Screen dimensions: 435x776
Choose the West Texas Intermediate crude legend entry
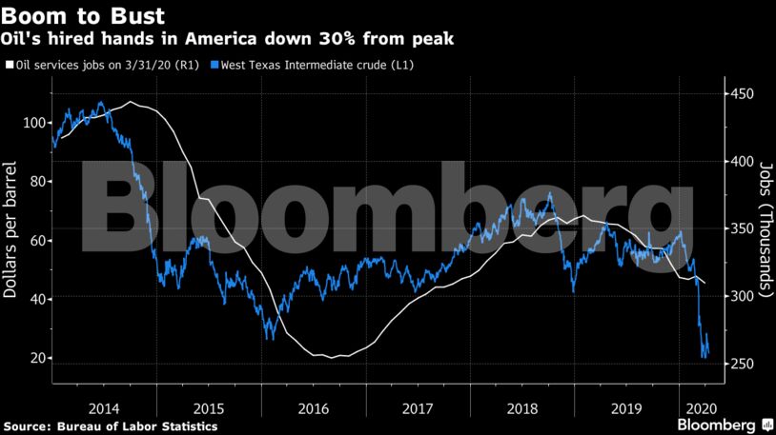click(x=318, y=65)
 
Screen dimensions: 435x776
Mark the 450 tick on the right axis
click(x=741, y=94)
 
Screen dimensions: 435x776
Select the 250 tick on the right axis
click(x=741, y=365)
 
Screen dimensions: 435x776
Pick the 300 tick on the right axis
click(x=741, y=297)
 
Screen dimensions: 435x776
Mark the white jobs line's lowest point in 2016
click(x=333, y=358)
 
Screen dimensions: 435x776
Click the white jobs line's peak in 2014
click(x=131, y=102)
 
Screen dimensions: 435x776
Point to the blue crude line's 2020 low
click(x=704, y=357)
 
